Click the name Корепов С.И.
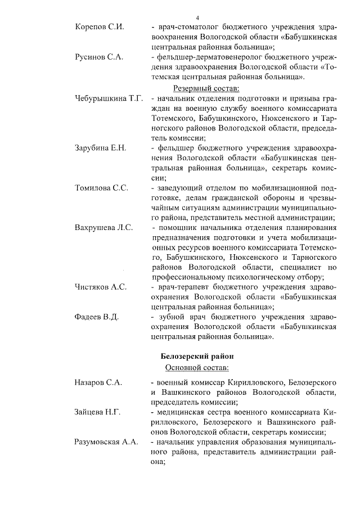pos(100,27)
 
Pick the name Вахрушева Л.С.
pos(103,228)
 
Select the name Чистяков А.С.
pos(101,287)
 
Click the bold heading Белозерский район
pos(196,357)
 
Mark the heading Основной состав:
pos(196,368)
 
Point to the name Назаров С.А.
pos(98,382)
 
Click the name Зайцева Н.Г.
pos(98,412)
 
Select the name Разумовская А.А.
pos(107,442)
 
